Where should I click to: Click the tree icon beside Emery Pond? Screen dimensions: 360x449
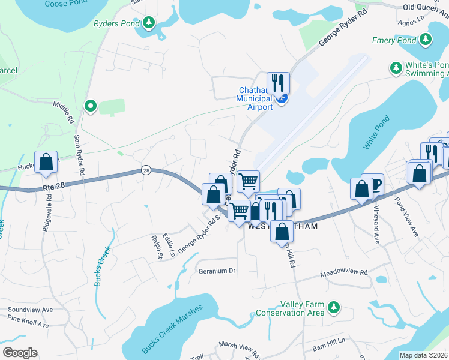point(426,40)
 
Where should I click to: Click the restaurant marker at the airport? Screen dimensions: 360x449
point(278,83)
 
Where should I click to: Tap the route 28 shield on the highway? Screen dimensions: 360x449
point(146,170)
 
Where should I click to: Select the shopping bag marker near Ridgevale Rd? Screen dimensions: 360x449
point(46,162)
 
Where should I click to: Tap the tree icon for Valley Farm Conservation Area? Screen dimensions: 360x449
point(333,309)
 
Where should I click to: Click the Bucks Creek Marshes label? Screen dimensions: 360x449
point(173,328)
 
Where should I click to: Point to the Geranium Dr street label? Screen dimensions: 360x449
point(217,271)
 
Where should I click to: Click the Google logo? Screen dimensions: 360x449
point(20,353)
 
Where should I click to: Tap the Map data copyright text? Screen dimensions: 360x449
point(424,355)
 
